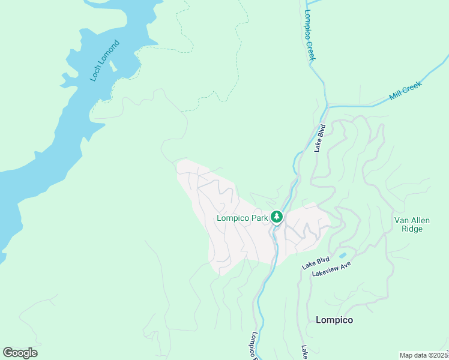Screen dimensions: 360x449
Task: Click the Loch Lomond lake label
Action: click(104, 61)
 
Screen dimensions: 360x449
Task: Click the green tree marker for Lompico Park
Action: click(276, 217)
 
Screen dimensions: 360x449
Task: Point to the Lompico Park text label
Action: click(242, 218)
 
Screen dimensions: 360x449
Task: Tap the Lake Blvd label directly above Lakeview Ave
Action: click(316, 262)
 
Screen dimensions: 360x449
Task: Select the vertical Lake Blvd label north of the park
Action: click(320, 138)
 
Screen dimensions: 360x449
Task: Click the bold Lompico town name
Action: click(334, 320)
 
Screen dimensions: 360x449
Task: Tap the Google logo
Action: click(20, 352)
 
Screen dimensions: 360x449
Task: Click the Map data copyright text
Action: click(423, 355)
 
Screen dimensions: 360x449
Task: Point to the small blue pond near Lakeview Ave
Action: click(342, 255)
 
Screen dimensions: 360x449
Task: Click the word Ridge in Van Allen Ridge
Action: click(412, 229)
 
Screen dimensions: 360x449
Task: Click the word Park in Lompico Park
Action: click(259, 218)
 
